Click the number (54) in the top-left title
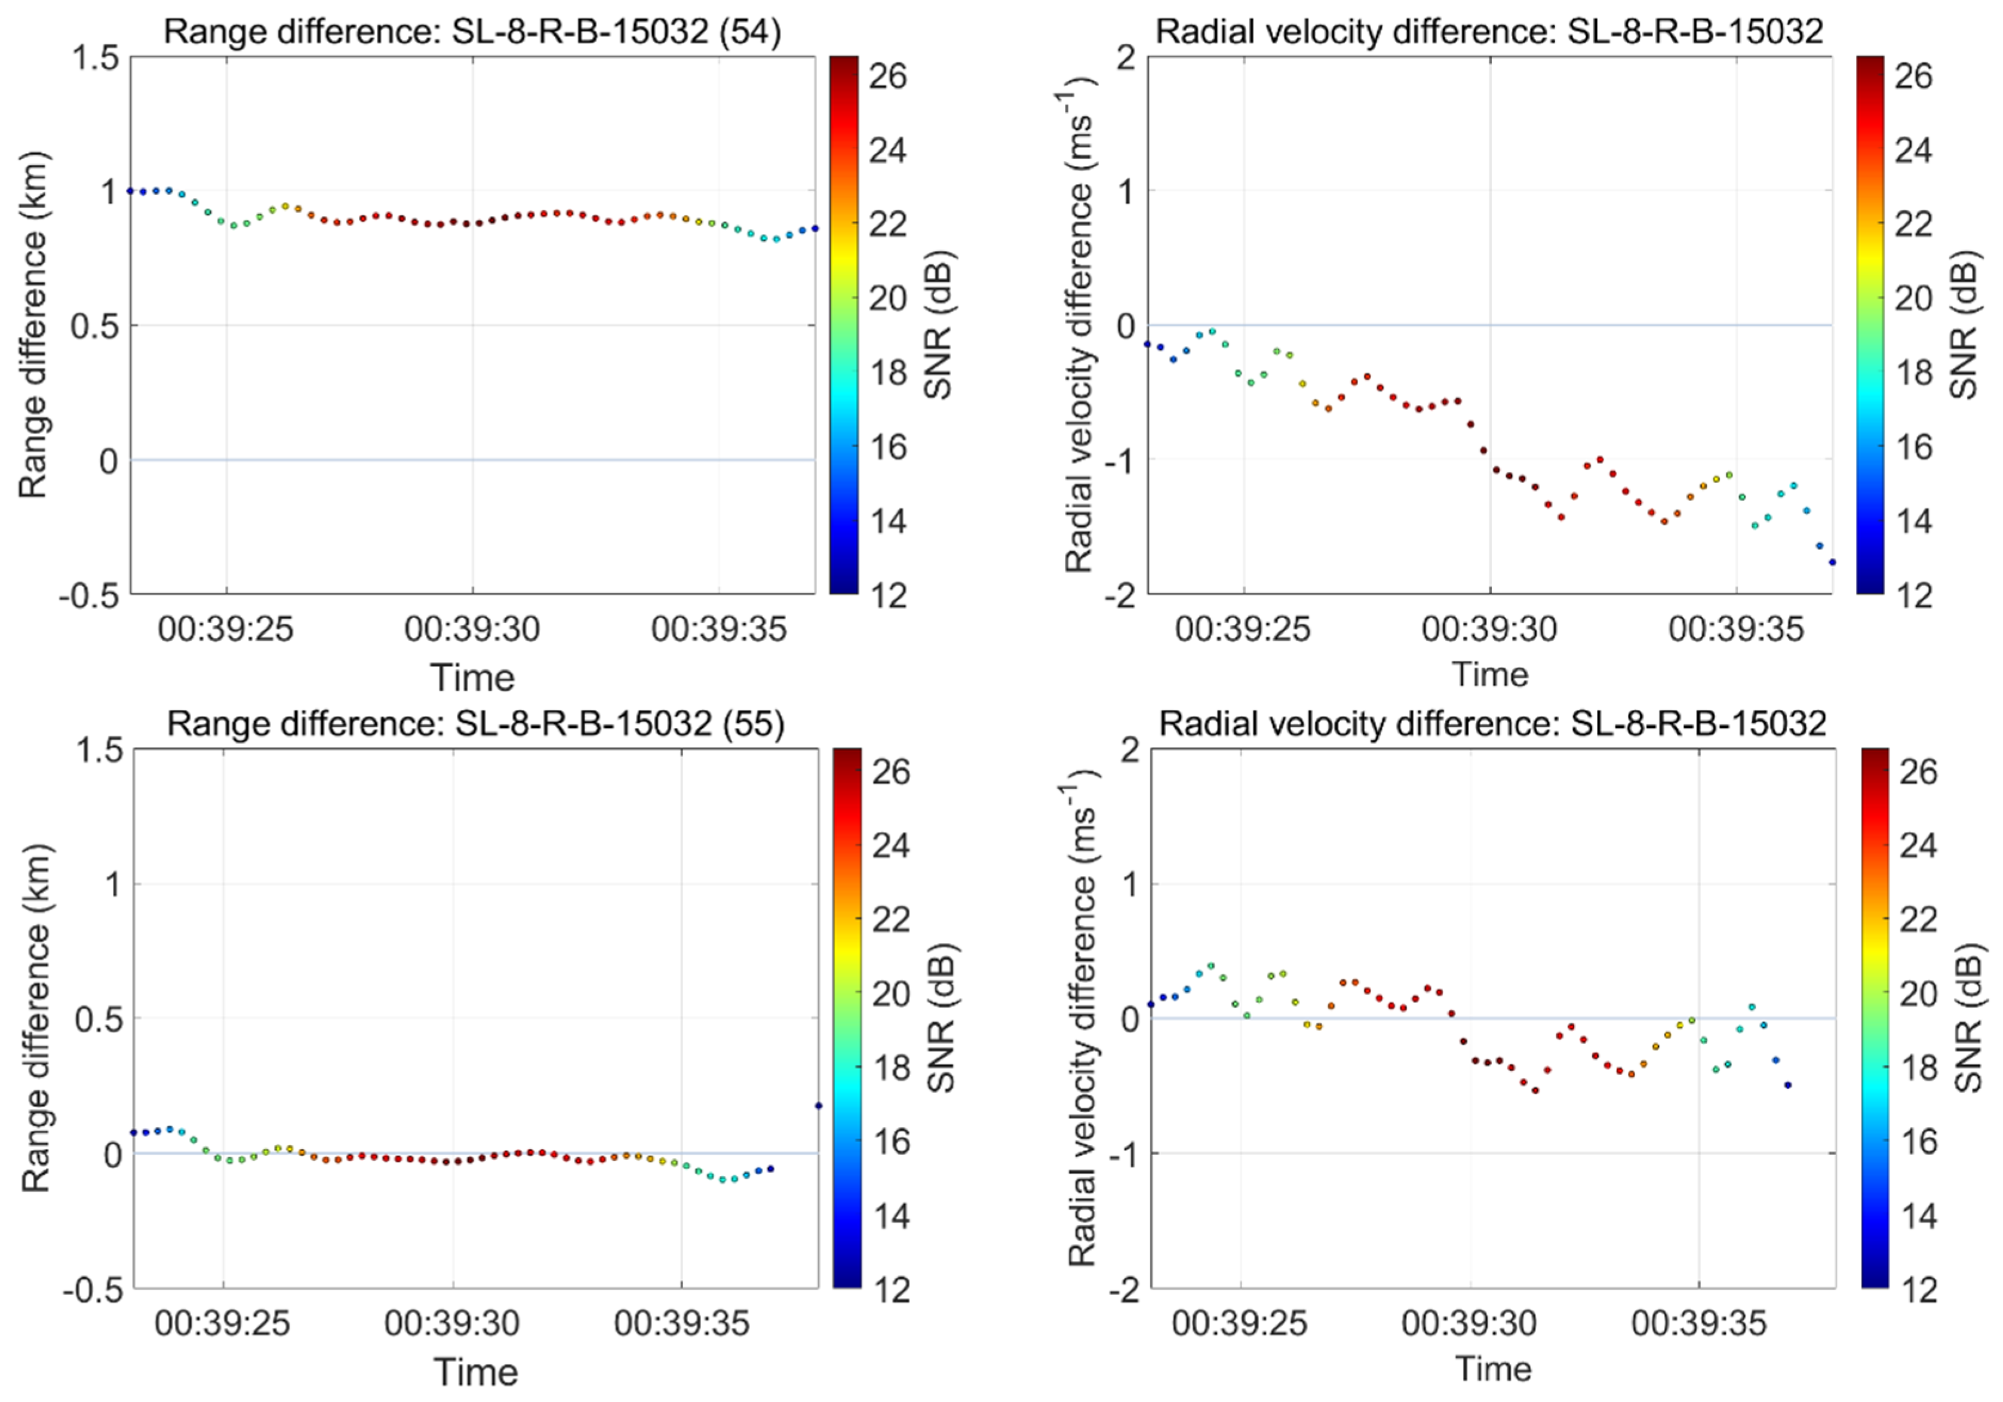pyautogui.click(x=746, y=32)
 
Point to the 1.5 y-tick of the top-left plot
pyautogui.click(x=95, y=59)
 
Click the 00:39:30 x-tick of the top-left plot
pyautogui.click(x=472, y=629)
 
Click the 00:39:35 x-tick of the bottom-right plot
pyautogui.click(x=1698, y=1324)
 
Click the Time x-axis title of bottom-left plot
pyautogui.click(x=475, y=1372)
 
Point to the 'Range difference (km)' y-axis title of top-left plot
pyautogui.click(x=33, y=325)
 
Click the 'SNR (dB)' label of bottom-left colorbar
pyautogui.click(x=941, y=1018)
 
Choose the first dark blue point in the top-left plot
pyautogui.click(x=131, y=190)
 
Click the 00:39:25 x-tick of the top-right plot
pyautogui.click(x=1242, y=629)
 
